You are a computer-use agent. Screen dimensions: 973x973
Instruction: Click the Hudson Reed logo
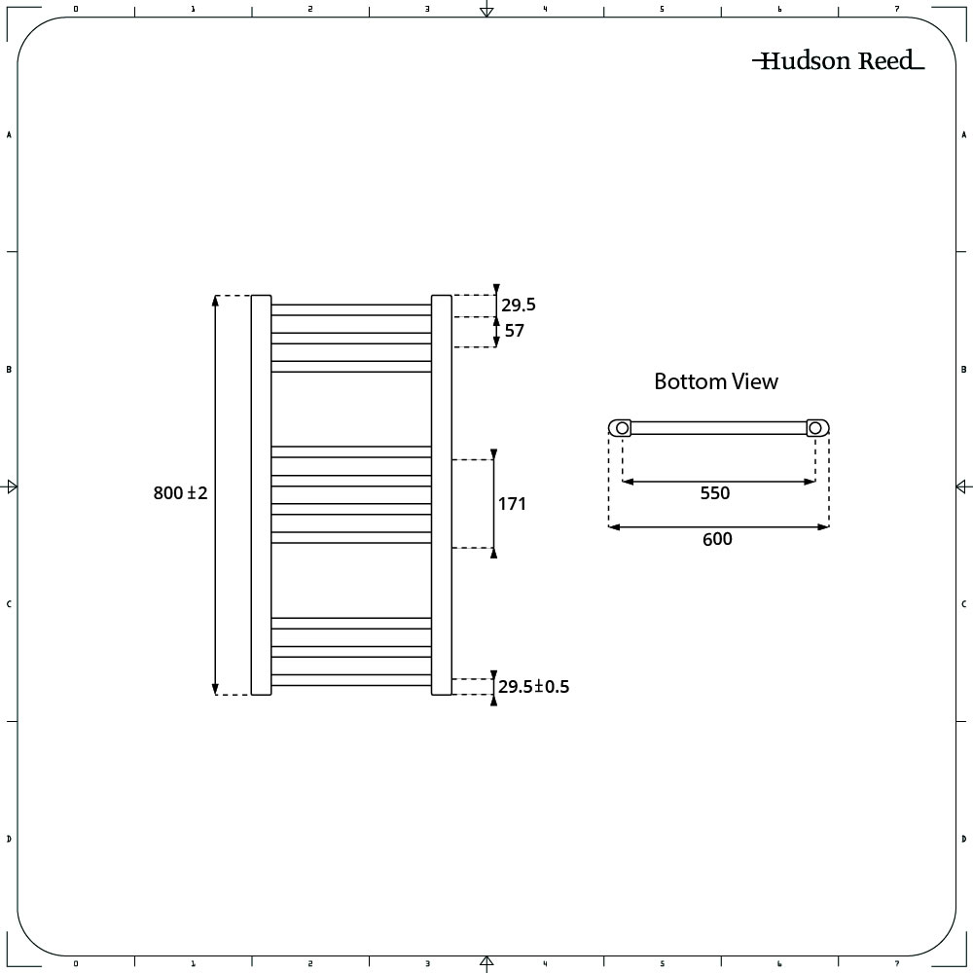838,61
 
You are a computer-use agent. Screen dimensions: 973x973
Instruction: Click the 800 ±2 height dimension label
181,494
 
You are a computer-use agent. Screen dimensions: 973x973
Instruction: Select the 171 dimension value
513,504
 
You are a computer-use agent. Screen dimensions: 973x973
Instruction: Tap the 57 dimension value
515,331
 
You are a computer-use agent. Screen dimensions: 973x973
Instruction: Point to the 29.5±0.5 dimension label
533,687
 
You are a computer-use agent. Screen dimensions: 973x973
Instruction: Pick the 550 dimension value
714,493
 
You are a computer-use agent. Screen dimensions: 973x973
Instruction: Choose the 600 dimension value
717,539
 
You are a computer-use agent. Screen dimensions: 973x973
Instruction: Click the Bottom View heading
716,381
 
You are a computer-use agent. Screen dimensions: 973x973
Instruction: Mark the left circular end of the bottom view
620,427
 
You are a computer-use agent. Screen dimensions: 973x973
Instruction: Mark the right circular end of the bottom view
817,427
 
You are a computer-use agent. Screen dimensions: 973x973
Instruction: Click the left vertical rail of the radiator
261,494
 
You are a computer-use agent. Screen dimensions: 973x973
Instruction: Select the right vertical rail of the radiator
441,494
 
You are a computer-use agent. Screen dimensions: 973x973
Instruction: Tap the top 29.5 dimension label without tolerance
519,306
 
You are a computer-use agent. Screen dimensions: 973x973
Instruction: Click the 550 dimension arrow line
719,481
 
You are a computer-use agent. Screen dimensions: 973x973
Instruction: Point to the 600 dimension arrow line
719,527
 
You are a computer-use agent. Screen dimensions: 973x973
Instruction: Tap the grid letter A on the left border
9,135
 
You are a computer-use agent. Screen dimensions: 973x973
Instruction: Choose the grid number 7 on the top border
896,9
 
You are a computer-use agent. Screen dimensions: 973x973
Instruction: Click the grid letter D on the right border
963,839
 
